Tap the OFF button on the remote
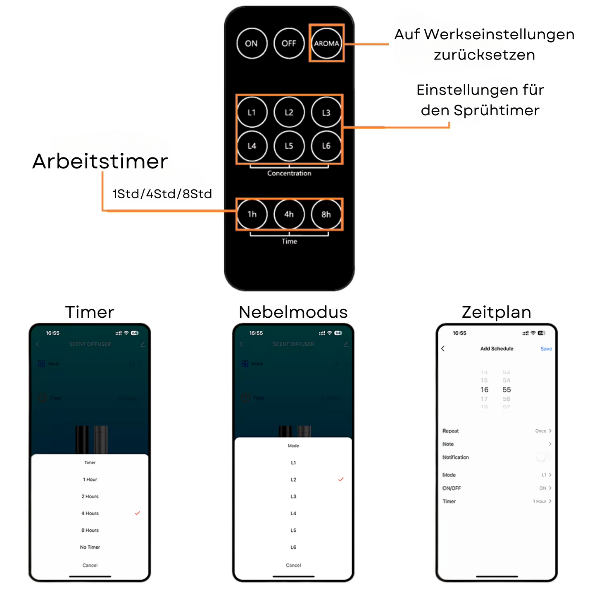click(289, 43)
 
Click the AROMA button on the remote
click(326, 43)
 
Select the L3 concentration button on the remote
click(326, 112)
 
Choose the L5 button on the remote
click(289, 146)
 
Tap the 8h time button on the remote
click(326, 214)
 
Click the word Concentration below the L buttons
click(289, 174)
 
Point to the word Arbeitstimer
click(100, 161)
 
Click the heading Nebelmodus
click(293, 312)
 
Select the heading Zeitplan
click(497, 312)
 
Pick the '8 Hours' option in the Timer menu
click(90, 530)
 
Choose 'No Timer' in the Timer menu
click(90, 547)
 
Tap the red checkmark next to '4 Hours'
click(138, 513)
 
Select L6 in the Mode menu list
click(293, 547)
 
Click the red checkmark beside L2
click(341, 479)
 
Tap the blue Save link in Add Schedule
click(546, 349)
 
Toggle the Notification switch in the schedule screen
click(542, 457)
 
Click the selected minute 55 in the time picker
click(507, 390)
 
